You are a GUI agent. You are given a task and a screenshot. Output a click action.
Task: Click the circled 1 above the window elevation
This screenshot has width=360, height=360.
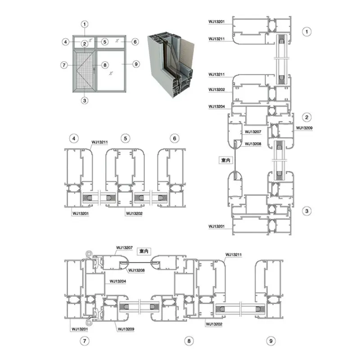(x=85, y=24)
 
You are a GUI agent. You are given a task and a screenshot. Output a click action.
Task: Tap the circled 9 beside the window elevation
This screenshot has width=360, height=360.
(x=136, y=64)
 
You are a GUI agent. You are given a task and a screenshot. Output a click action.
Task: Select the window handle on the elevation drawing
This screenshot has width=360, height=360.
(x=94, y=70)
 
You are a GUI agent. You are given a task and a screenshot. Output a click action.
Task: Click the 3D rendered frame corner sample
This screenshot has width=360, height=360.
(x=171, y=66)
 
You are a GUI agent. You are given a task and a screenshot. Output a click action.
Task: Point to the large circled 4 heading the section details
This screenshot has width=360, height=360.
(x=74, y=139)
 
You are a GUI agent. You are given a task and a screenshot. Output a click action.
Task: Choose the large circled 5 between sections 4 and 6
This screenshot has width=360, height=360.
(x=126, y=139)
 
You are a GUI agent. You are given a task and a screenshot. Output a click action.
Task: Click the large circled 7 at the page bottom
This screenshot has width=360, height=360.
(x=85, y=341)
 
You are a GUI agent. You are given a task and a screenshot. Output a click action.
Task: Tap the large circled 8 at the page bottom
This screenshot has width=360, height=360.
(x=189, y=341)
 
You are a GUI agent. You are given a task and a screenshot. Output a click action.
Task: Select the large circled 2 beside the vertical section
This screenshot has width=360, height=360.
(x=307, y=117)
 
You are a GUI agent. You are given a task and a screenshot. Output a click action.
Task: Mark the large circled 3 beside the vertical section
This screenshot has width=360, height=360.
(x=307, y=211)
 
